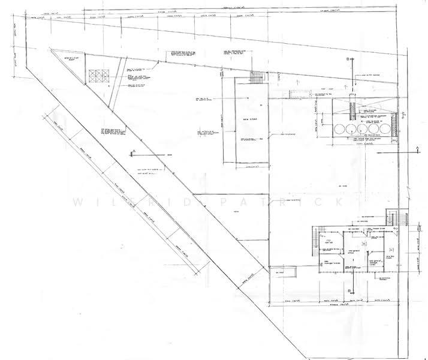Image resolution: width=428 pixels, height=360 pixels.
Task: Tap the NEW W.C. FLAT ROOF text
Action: pyautogui.click(x=67, y=58)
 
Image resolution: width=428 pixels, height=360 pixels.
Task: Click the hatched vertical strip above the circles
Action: pyautogui.click(x=354, y=112)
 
